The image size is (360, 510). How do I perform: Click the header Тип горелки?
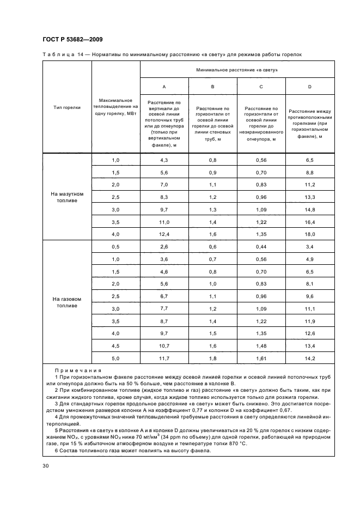coord(67,107)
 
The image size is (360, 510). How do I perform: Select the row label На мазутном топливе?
coord(67,197)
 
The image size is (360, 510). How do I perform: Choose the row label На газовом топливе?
coord(67,302)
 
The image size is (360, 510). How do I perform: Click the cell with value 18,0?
coord(309,234)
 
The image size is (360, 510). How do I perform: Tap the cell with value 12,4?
coord(164,234)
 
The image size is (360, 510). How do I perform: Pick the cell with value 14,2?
coord(309,358)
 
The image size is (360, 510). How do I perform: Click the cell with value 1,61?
coord(261,358)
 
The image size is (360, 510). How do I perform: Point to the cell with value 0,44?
coord(261,246)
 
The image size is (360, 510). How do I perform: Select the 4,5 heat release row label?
coord(115,345)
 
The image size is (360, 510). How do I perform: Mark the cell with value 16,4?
coord(309,222)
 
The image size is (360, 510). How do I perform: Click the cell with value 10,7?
coord(164,345)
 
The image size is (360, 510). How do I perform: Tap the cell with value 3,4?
coord(309,246)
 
